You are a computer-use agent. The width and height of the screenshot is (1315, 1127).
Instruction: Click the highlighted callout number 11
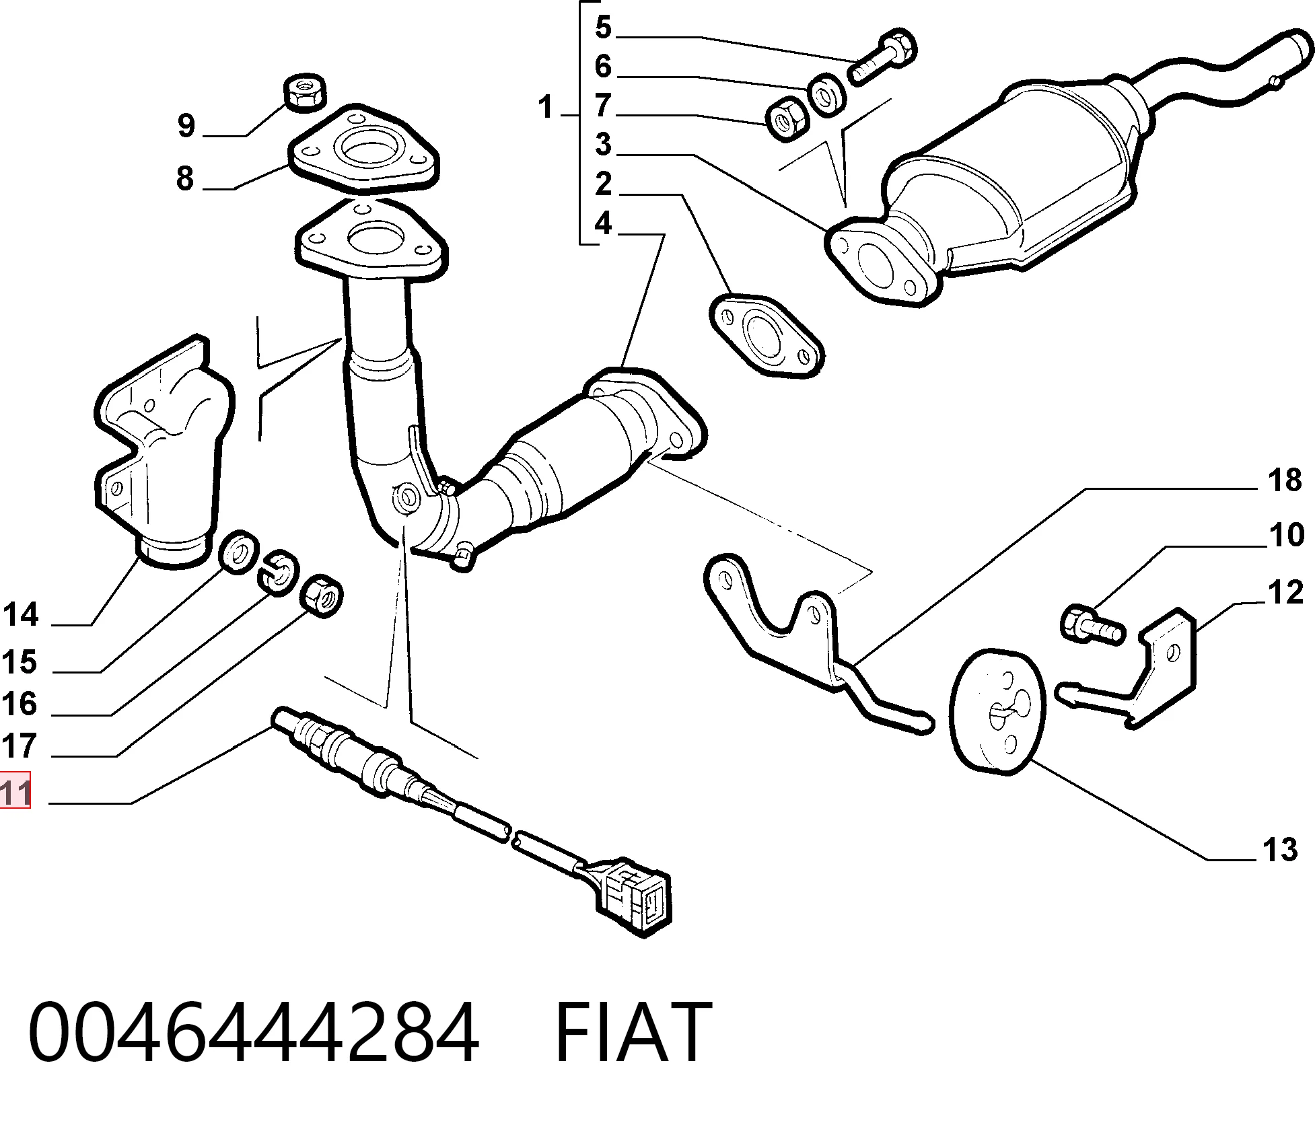coord(15,791)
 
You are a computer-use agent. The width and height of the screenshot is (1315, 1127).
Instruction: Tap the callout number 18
coord(1284,481)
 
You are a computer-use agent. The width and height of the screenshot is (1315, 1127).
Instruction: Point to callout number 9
coord(186,125)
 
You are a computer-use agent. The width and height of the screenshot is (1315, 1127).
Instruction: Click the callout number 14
coord(21,614)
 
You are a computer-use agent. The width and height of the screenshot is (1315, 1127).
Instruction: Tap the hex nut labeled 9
coord(306,92)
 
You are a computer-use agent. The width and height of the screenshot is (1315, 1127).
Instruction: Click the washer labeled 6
coord(825,94)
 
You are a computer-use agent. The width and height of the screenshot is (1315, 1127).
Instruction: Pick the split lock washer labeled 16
coord(278,572)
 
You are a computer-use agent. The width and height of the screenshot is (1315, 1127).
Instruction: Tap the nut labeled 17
coord(322,595)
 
